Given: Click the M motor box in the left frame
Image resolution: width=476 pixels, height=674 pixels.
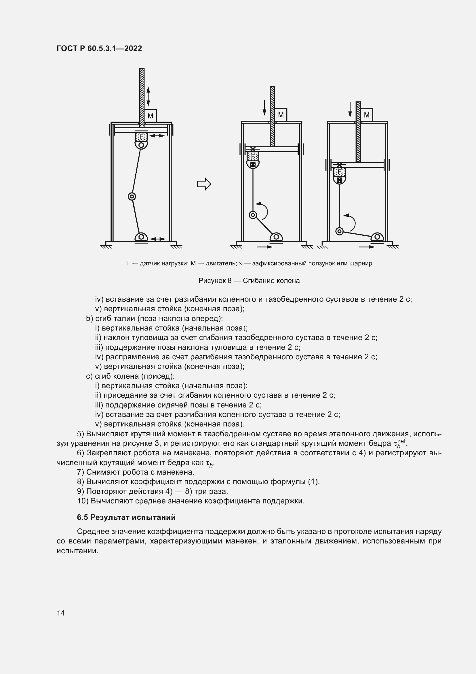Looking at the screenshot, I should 150,116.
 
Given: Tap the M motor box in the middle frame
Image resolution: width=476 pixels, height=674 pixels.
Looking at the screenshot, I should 281,115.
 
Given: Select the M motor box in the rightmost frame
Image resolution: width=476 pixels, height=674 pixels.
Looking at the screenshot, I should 367,115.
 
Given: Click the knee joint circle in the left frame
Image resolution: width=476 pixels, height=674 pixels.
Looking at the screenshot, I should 132,197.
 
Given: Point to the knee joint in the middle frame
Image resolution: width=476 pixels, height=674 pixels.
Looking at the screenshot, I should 253,215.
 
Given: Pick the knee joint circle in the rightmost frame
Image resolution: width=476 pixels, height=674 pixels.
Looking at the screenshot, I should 339,231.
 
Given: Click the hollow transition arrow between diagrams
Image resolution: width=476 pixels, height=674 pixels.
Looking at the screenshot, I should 204,184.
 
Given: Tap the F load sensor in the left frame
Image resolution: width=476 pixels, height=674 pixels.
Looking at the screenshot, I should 141,137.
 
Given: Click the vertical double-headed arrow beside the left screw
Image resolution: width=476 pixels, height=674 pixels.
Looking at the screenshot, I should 148,97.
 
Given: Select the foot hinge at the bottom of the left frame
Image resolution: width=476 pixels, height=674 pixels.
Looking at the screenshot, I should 141,237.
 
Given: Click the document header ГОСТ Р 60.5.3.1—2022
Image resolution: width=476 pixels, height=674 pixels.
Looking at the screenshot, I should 99,48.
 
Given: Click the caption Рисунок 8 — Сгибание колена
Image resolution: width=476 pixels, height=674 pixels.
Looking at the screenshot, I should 249,281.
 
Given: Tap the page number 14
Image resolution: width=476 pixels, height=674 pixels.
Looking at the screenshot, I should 61,613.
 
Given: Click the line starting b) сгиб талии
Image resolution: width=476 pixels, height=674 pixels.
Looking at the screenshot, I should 154,318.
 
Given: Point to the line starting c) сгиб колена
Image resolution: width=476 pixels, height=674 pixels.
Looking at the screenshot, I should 130,376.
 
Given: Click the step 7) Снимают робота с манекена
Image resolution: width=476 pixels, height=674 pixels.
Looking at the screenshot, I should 136,472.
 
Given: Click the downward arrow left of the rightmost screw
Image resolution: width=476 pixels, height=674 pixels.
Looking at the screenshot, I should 350,109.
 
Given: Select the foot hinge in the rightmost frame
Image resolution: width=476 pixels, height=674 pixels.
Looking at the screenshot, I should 377,237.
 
